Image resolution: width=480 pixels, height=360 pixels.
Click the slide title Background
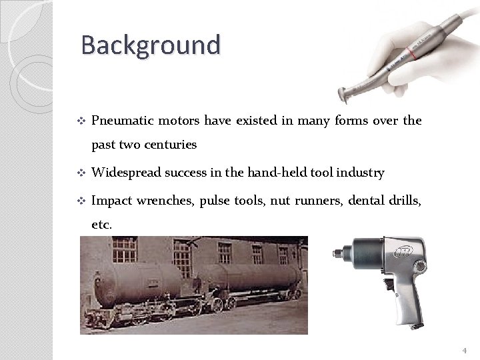[150, 45]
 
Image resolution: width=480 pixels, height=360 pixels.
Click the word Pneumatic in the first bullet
[121, 121]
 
